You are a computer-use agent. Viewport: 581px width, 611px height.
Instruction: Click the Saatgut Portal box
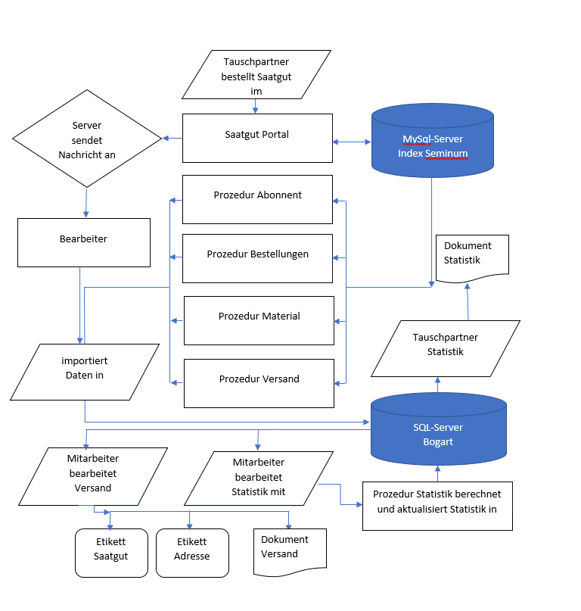click(x=257, y=137)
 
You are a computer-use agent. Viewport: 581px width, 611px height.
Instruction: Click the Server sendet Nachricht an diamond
click(x=87, y=139)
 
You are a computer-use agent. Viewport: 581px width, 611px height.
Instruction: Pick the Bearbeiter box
click(x=83, y=242)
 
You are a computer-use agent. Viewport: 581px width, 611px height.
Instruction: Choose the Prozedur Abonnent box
click(x=257, y=199)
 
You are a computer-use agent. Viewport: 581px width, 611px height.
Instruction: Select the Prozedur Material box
click(x=259, y=320)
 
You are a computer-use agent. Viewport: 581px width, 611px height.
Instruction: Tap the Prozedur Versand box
click(x=259, y=382)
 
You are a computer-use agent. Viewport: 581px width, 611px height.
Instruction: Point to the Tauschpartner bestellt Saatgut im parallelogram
click(x=256, y=74)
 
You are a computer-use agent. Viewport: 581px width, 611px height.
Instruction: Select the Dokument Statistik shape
click(x=472, y=257)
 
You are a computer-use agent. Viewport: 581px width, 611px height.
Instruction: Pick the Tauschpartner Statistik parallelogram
click(x=446, y=348)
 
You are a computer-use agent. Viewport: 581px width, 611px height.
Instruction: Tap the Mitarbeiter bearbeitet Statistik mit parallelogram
click(x=259, y=478)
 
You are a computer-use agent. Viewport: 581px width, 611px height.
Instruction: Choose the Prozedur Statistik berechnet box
click(x=437, y=505)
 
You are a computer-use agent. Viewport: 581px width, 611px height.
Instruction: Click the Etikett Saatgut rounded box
click(x=110, y=552)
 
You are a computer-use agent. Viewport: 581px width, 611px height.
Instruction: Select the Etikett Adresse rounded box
click(x=192, y=552)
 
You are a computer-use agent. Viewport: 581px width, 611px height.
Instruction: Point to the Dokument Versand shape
click(x=288, y=548)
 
